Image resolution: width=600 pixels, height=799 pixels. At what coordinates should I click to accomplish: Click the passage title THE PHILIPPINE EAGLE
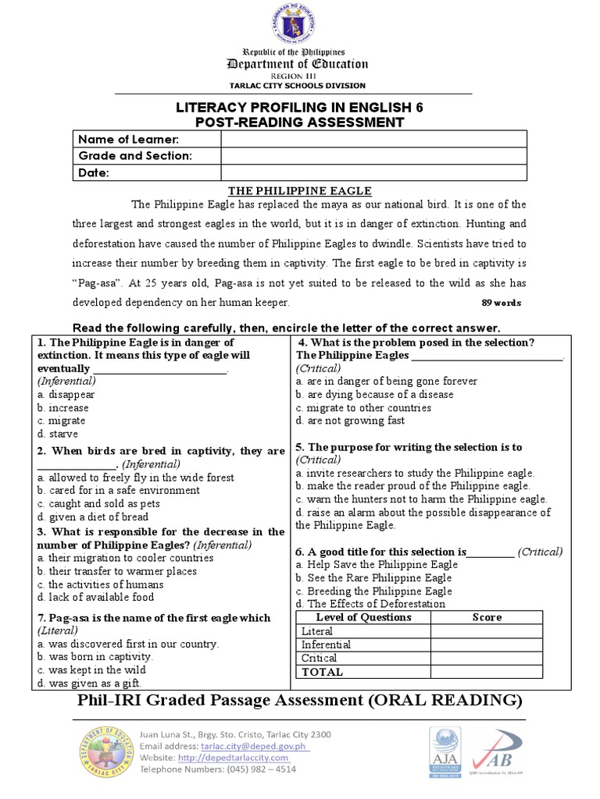299,190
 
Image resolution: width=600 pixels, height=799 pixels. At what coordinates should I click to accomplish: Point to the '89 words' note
499,303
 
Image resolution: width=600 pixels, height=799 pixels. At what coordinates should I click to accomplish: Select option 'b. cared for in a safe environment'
118,490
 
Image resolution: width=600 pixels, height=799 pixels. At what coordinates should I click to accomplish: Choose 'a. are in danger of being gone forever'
386,382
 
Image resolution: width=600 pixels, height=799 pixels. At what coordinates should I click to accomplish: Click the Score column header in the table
487,617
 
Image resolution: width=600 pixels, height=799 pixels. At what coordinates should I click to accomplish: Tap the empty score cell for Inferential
487,645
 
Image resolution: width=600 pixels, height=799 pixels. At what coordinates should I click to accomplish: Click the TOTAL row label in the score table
322,672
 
